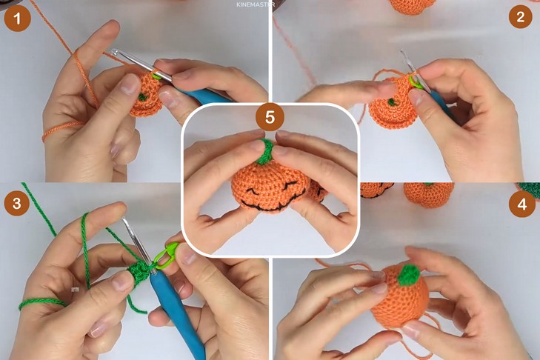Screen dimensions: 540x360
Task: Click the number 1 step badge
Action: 17,19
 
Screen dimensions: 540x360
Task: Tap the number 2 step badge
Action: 520,16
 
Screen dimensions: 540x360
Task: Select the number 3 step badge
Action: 17,203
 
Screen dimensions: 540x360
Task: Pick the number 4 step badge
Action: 521,204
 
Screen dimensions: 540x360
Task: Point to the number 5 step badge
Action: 270,117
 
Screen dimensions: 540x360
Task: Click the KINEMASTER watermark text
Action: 256,4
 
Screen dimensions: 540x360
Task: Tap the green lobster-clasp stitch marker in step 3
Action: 166,256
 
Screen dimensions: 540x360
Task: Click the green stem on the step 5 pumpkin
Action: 264,152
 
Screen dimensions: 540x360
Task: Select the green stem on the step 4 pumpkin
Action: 409,275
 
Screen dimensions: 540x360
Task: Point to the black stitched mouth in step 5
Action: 268,204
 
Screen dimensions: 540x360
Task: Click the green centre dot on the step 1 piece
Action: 142,97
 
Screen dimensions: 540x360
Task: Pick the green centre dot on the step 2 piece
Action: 392,102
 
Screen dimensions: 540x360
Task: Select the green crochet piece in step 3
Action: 139,273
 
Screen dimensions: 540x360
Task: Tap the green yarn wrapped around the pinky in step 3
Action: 42,303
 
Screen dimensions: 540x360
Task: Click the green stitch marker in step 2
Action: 416,83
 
